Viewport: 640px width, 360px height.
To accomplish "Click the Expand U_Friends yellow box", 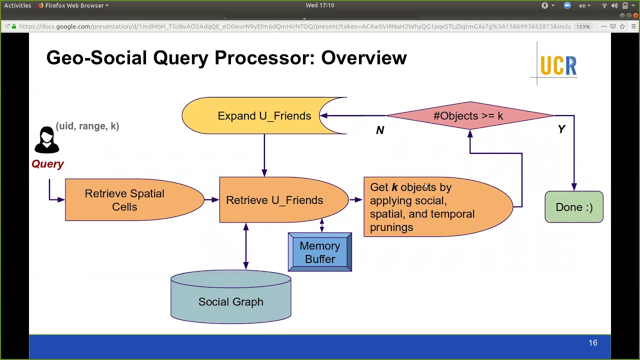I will (x=264, y=116).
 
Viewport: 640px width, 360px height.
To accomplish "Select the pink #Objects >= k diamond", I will (x=468, y=116).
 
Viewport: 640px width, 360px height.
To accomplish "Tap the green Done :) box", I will (x=574, y=207).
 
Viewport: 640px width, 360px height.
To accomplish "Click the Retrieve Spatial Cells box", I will (x=124, y=200).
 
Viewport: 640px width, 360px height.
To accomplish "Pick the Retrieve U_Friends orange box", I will (x=274, y=200).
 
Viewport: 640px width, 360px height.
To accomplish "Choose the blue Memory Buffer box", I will (x=320, y=252).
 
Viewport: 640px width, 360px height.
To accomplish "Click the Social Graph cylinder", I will (x=230, y=301).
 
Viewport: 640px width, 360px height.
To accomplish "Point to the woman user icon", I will (x=46, y=140).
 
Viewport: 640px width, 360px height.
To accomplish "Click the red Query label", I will (x=47, y=164).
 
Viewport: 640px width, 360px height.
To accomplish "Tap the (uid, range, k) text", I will (x=87, y=126).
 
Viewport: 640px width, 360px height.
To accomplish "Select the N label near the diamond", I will (x=380, y=130).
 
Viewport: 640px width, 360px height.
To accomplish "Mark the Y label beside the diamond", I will (x=561, y=129).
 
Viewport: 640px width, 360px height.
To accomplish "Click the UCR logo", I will (x=558, y=65).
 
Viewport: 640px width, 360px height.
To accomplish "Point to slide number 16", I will (x=592, y=343).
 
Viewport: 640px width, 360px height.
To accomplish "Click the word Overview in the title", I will (x=363, y=58).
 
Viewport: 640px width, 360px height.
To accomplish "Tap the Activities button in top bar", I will (x=17, y=5).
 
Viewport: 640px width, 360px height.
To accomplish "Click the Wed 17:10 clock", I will (x=320, y=5).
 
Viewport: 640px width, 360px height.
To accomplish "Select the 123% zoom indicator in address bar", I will (x=583, y=26).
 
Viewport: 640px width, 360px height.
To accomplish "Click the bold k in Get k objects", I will (x=394, y=187).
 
